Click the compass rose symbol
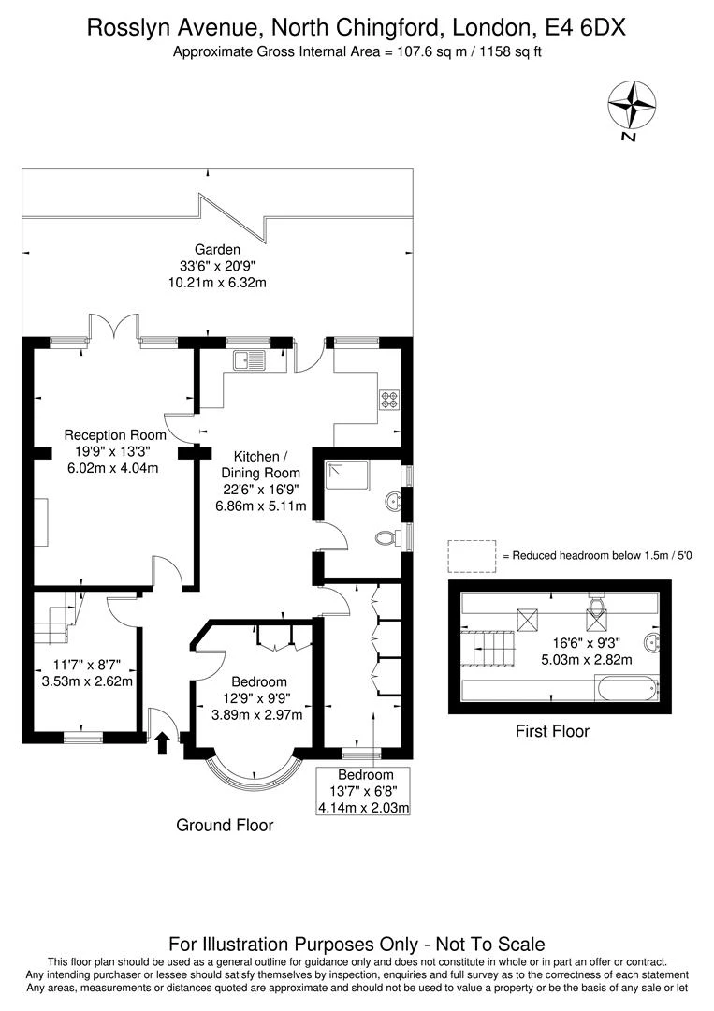[x=632, y=104]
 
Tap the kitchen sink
[x=251, y=359]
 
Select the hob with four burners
[x=388, y=400]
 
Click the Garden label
[x=217, y=250]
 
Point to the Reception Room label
[x=114, y=435]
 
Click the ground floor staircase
[x=59, y=619]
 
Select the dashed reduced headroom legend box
[x=472, y=555]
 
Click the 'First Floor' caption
[x=552, y=731]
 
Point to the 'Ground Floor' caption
[x=225, y=825]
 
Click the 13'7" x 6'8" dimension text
[x=366, y=791]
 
